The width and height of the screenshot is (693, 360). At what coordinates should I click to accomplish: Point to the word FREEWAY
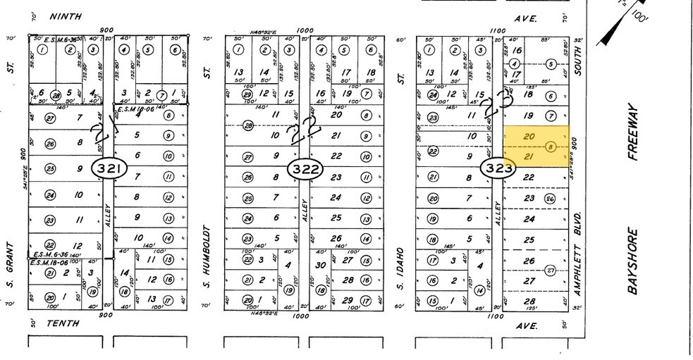point(632,134)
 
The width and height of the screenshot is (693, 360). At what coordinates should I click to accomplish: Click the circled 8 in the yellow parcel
point(551,147)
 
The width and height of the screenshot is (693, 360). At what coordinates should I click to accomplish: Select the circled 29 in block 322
point(247,95)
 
